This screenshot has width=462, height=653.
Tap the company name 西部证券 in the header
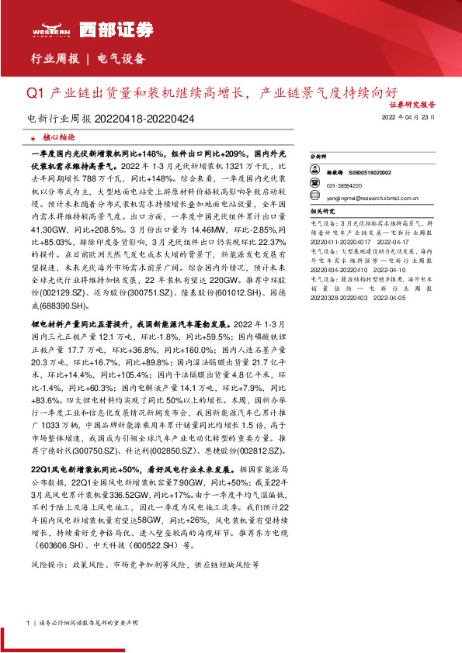click(x=106, y=29)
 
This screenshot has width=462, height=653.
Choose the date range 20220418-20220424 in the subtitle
click(x=145, y=119)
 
